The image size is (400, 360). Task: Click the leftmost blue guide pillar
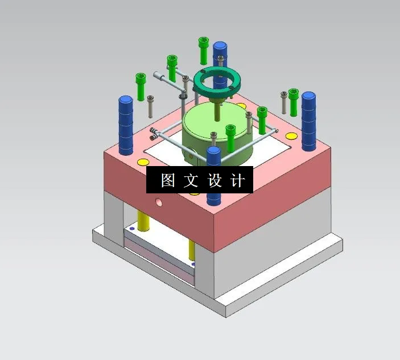[126, 125]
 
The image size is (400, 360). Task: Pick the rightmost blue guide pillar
[308, 121]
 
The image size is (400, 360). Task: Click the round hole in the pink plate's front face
[159, 201]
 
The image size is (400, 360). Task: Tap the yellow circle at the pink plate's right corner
[290, 136]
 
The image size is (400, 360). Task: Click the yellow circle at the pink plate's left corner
[141, 162]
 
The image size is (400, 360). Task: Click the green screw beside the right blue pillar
[293, 101]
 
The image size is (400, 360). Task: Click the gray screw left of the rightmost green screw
[284, 102]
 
